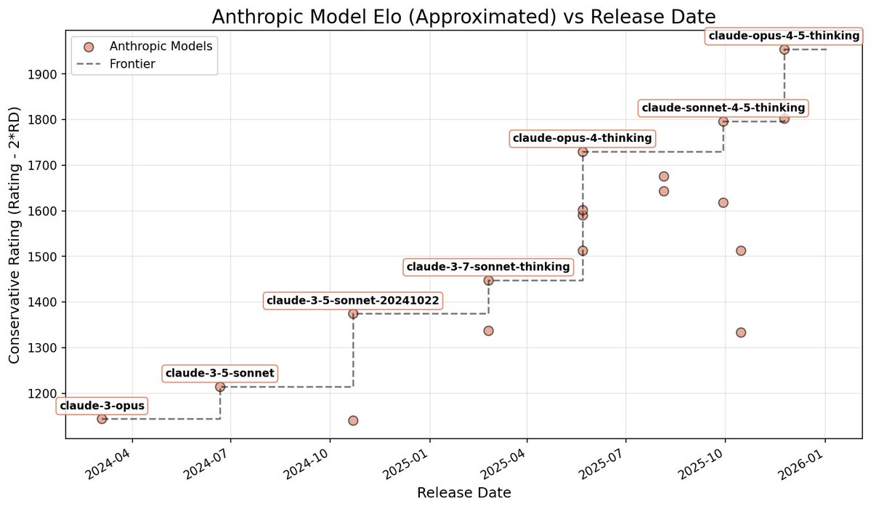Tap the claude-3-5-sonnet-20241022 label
click(353, 300)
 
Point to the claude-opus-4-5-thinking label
click(784, 36)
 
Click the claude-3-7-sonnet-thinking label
click(488, 267)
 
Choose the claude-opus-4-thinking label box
click(583, 138)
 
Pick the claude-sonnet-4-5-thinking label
click(723, 108)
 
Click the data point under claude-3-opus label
click(102, 419)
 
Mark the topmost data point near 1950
click(784, 49)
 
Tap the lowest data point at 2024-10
click(353, 420)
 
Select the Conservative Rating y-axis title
click(15, 234)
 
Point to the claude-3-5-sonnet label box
click(220, 374)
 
